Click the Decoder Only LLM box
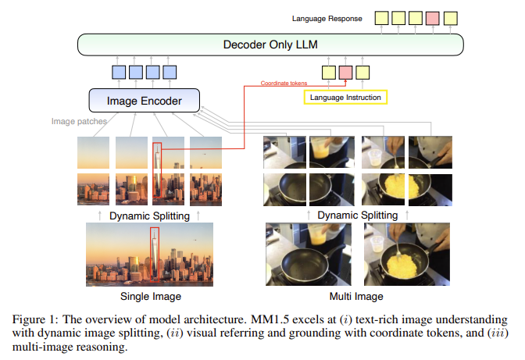pos(270,45)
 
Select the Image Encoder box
pos(145,101)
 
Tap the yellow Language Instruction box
pos(345,98)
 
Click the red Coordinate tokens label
pos(284,83)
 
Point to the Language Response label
pos(327,19)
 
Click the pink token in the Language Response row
pos(433,18)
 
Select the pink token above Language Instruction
pos(345,73)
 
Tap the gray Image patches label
pos(79,121)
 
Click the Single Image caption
pos(151,297)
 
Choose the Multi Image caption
pos(356,297)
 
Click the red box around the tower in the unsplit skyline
pos(155,255)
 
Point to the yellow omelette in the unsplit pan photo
pos(402,266)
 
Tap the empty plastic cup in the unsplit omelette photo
pos(377,244)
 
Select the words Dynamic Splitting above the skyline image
pos(149,216)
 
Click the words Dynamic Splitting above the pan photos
pos(358,215)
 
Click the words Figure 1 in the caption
pos(34,319)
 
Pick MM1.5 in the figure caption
pos(270,319)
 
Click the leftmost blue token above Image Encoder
pos(119,73)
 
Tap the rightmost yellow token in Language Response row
pos(451,18)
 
